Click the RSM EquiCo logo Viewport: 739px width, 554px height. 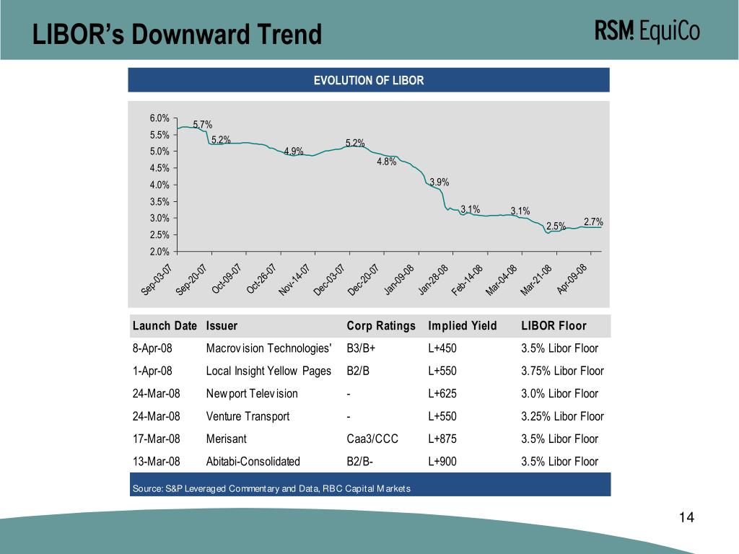(647, 32)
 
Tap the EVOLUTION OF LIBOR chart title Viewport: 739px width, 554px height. (368, 80)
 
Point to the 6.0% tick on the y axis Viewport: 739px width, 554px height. (159, 118)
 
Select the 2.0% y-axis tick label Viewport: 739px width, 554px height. (159, 251)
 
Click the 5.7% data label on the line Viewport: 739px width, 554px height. (202, 125)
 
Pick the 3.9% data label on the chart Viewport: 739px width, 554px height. (439, 183)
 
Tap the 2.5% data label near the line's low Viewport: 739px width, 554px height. (555, 227)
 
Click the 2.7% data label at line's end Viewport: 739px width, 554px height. (592, 222)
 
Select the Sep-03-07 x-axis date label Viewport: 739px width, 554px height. (157, 280)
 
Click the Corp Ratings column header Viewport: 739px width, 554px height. (381, 326)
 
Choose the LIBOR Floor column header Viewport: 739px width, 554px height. (554, 326)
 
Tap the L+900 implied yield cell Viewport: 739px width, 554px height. (442, 462)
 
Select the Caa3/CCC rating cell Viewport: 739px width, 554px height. (372, 439)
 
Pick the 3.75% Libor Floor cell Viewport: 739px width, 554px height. (562, 371)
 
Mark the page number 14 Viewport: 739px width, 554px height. (686, 518)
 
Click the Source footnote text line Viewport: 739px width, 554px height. (271, 489)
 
